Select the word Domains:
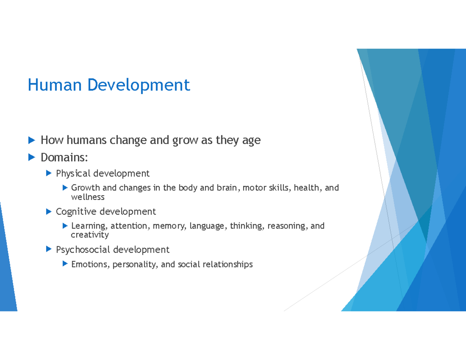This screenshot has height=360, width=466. [64, 158]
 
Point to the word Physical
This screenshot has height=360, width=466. [73, 173]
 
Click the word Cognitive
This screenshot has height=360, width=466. [76, 212]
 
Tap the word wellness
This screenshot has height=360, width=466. [88, 197]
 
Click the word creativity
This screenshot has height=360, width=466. [90, 235]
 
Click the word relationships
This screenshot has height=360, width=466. [229, 265]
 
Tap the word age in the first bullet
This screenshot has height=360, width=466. [251, 141]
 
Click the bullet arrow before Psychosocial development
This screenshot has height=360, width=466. [49, 249]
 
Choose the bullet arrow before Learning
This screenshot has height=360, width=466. [65, 226]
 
